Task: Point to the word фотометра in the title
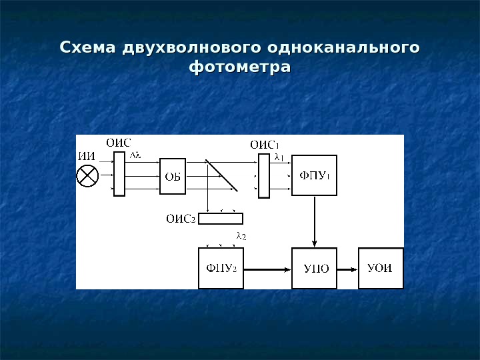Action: pyautogui.click(x=240, y=68)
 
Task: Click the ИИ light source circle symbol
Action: pyautogui.click(x=88, y=177)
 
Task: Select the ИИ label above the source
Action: pyautogui.click(x=87, y=156)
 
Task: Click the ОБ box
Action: pyautogui.click(x=173, y=177)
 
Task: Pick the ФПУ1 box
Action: pyautogui.click(x=315, y=175)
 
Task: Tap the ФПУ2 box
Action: pyautogui.click(x=221, y=269)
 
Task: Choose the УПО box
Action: pyautogui.click(x=315, y=269)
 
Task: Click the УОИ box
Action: pyautogui.click(x=381, y=269)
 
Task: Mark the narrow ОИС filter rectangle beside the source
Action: pyautogui.click(x=119, y=174)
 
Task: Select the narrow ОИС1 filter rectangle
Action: pyautogui.click(x=264, y=176)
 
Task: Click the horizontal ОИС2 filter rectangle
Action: pyautogui.click(x=221, y=218)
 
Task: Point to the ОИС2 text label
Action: pyautogui.click(x=181, y=218)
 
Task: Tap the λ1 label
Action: pyautogui.click(x=279, y=158)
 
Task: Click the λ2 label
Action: pyautogui.click(x=241, y=236)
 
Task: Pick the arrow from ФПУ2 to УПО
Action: pyautogui.click(x=267, y=269)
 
